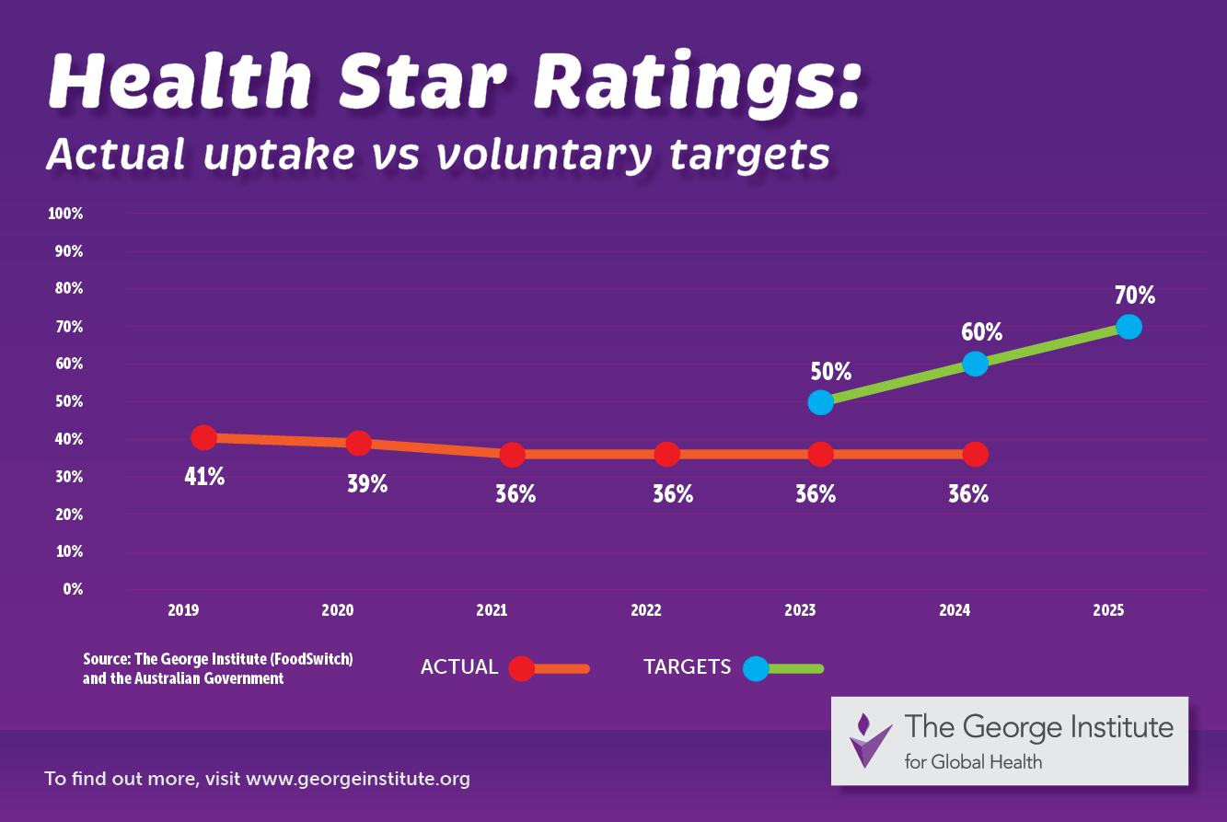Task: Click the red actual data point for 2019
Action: tap(203, 437)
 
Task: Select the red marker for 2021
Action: tap(513, 454)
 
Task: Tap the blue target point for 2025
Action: tap(1129, 327)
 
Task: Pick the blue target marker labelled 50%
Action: tap(820, 402)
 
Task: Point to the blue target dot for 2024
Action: tap(976, 364)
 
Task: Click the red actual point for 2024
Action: tap(976, 454)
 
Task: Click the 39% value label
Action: tap(367, 484)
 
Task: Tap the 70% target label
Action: tap(1134, 295)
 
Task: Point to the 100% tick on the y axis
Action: tap(65, 214)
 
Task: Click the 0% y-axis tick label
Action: tap(73, 588)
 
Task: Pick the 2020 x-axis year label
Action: tap(338, 610)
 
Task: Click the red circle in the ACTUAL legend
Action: tap(522, 668)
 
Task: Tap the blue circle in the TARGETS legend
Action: tap(755, 668)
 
